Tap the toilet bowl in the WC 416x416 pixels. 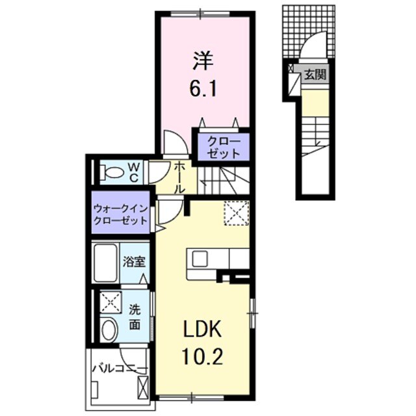[114, 173]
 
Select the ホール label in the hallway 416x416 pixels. [179, 177]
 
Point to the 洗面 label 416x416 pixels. [134, 317]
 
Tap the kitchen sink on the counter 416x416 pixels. [200, 258]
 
